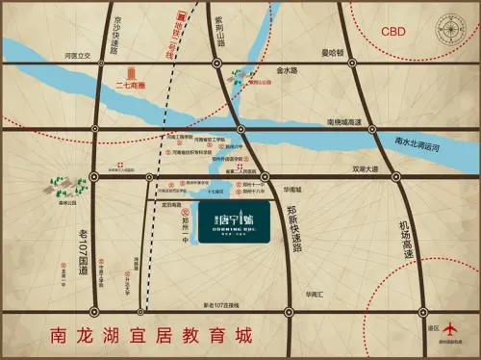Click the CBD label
click(x=393, y=32)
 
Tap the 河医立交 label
click(x=76, y=56)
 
